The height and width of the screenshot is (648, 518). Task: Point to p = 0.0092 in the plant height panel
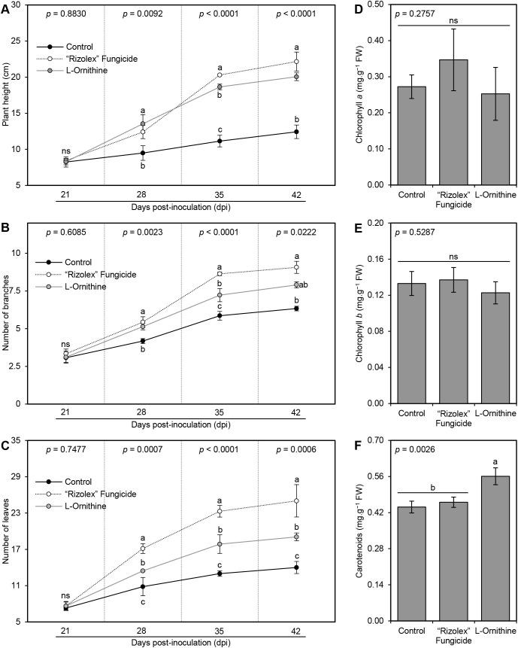click(142, 14)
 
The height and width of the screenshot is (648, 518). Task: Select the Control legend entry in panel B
click(66, 263)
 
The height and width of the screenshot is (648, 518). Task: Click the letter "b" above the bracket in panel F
click(433, 487)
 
